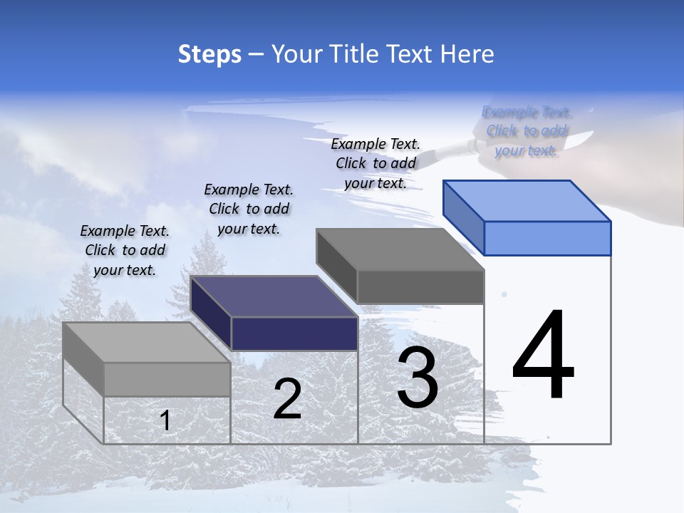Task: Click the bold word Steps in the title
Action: (x=209, y=54)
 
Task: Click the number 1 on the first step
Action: (x=165, y=421)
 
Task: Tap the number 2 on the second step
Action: (x=287, y=399)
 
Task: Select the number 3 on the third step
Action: (x=418, y=379)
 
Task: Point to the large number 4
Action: (x=543, y=356)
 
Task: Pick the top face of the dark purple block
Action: (x=274, y=296)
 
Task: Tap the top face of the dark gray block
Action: (x=400, y=249)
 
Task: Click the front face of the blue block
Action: (x=547, y=238)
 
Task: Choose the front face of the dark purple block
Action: (x=294, y=333)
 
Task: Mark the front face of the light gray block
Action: (x=167, y=379)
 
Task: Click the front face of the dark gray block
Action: (x=420, y=286)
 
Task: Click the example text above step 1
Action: (x=125, y=250)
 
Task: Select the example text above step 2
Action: (x=249, y=209)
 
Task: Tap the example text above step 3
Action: (x=375, y=163)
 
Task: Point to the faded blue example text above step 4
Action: (x=527, y=131)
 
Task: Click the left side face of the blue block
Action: (x=463, y=217)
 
